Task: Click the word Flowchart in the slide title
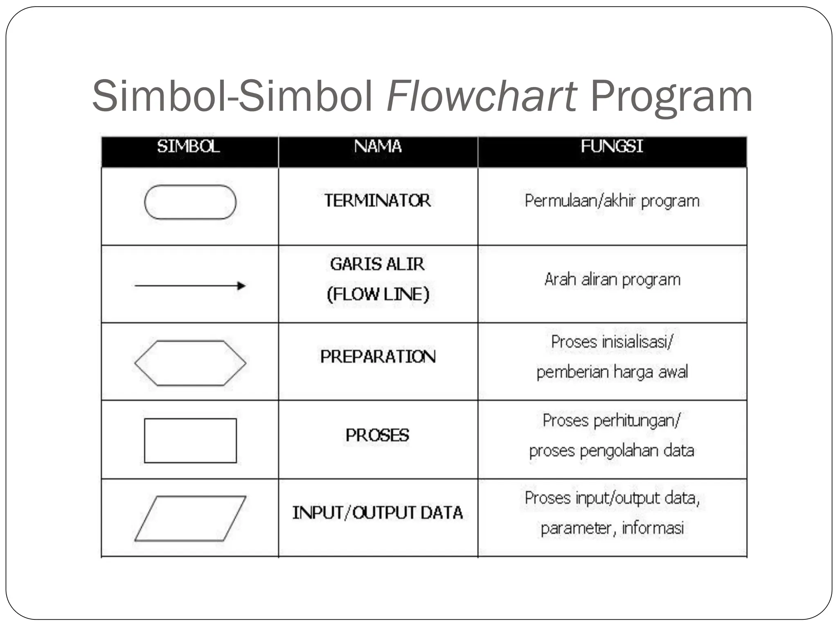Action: point(482,96)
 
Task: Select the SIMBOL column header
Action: point(189,146)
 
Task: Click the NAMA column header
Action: point(378,146)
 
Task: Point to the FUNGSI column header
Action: point(612,146)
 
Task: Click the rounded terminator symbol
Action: point(190,202)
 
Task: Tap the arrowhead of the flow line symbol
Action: point(241,285)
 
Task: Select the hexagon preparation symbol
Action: point(190,363)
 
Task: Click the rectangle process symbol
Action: point(190,440)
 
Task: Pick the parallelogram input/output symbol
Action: point(190,518)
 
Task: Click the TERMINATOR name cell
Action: point(378,201)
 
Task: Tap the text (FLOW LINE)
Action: point(378,294)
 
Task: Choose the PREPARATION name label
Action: point(378,357)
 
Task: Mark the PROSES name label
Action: point(377,435)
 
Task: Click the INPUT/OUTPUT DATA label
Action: point(377,513)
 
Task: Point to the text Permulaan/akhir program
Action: point(612,201)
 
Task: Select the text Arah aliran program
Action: point(612,280)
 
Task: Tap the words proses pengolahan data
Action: point(612,451)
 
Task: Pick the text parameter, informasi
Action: point(612,528)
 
